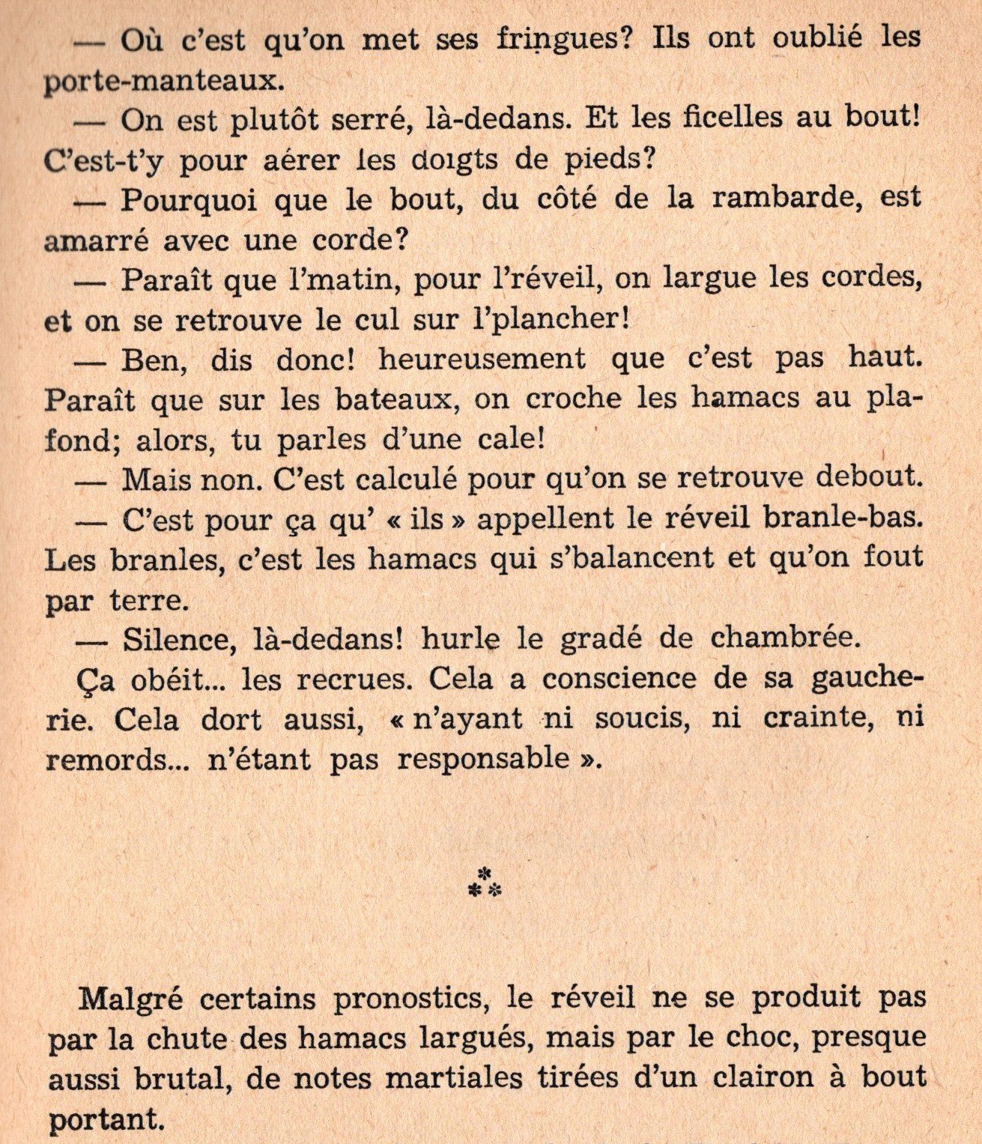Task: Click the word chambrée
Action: click(783, 638)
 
